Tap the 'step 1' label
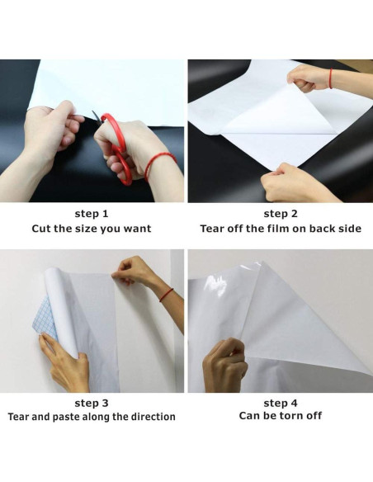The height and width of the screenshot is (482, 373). [x=92, y=214]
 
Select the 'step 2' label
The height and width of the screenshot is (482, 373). [x=281, y=214]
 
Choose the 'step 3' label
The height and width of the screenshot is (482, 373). [x=92, y=403]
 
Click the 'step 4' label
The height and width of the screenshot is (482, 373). [x=281, y=403]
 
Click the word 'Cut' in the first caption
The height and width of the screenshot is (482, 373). [x=43, y=229]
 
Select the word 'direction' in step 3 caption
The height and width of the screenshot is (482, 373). [x=151, y=418]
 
